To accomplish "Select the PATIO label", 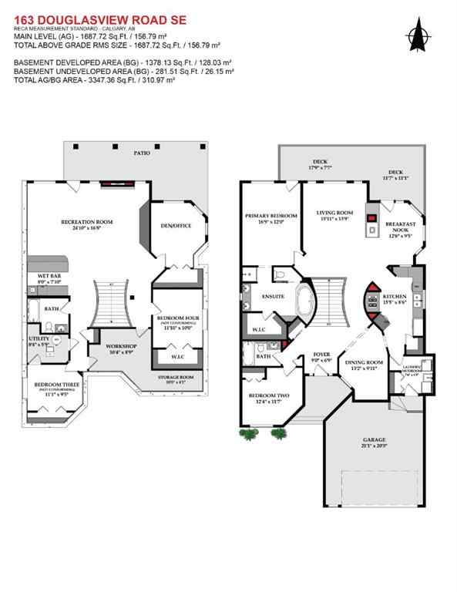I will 141,153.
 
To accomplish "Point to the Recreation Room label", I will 87,222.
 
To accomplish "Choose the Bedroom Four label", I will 178,318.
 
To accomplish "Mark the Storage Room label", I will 176,377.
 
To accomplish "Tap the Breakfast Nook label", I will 401,229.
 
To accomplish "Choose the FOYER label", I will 321,356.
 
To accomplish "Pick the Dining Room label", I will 363,365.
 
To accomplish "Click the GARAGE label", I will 374,442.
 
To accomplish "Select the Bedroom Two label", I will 267,395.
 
